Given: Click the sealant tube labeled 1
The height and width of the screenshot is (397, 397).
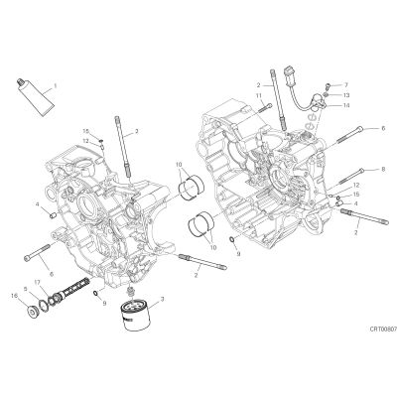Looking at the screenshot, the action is pyautogui.click(x=35, y=97).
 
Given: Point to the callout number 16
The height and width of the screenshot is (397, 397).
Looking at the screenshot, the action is pyautogui.click(x=14, y=296).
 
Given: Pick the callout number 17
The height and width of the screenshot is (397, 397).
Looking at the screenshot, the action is pyautogui.click(x=37, y=282).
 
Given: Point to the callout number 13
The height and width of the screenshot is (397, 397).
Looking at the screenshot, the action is pyautogui.click(x=346, y=95).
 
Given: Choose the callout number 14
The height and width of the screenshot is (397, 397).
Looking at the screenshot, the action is pyautogui.click(x=346, y=105).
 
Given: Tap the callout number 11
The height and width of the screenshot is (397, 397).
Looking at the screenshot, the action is pyautogui.click(x=258, y=95).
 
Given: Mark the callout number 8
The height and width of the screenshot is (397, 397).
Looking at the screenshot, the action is pyautogui.click(x=383, y=169).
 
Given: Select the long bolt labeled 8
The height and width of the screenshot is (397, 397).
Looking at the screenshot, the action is pyautogui.click(x=349, y=177).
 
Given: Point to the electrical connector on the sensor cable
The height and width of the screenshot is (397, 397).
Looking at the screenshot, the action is pyautogui.click(x=289, y=72).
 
